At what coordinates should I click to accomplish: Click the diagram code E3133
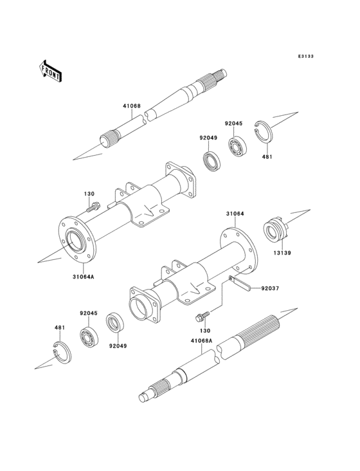pyautogui.click(x=305, y=57)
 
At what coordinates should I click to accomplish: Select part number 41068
pyautogui.click(x=132, y=106)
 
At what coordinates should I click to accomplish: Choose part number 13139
pyautogui.click(x=282, y=253)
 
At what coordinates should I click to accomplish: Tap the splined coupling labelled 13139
pyautogui.click(x=275, y=230)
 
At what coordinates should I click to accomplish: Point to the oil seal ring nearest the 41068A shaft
pyautogui.click(x=116, y=321)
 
